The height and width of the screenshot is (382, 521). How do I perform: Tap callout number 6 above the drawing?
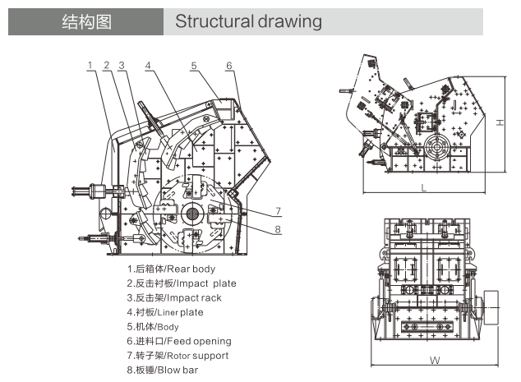tap(229, 65)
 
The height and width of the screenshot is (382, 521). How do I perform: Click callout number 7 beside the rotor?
tap(278, 210)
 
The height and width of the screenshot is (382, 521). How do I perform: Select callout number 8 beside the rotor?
tap(278, 228)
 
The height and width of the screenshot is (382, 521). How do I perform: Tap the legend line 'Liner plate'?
tap(164, 312)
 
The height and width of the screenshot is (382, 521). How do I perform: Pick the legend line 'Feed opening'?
tap(178, 341)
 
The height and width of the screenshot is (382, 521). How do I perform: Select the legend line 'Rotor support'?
tap(178, 356)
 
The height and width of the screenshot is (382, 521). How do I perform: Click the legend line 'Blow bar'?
tap(162, 370)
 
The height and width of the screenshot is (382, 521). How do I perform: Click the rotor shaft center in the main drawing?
tap(193, 214)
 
